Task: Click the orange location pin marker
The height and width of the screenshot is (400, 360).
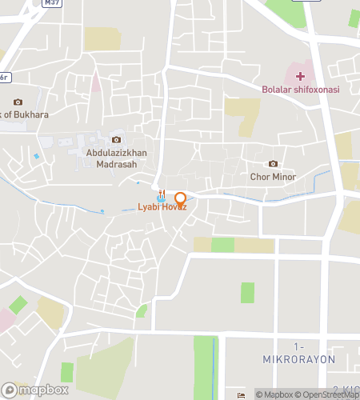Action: (180, 199)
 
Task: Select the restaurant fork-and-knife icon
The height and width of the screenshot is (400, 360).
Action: (162, 193)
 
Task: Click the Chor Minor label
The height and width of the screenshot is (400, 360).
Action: (273, 177)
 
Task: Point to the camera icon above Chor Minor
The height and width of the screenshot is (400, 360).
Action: (273, 164)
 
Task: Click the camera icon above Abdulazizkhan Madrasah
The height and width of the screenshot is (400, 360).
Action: (116, 140)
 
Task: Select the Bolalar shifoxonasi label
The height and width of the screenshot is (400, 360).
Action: (300, 90)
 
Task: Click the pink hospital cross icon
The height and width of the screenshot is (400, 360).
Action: (300, 77)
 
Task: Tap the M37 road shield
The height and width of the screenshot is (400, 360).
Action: (53, 3)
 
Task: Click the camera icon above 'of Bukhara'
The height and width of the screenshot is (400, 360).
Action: (18, 102)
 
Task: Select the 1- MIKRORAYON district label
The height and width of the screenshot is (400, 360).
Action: (299, 353)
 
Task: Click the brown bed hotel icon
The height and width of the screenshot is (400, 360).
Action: (242, 394)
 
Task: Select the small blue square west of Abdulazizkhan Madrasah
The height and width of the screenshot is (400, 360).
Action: (36, 156)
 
